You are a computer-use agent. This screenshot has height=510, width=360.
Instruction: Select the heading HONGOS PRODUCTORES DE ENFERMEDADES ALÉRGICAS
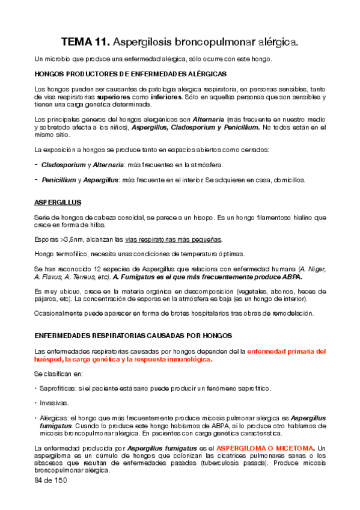(x=130, y=73)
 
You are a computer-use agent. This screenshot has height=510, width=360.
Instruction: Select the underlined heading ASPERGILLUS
(x=58, y=201)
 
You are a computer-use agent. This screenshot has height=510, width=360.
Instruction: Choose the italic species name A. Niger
(x=313, y=269)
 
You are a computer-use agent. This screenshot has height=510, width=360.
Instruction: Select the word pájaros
(x=47, y=299)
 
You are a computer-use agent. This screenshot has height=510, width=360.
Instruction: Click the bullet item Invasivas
(x=54, y=403)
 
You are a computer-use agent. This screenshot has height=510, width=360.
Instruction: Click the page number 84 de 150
(x=51, y=481)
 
